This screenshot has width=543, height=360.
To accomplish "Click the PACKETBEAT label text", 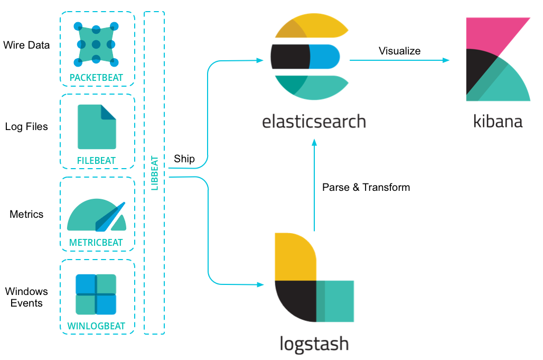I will click(96, 78).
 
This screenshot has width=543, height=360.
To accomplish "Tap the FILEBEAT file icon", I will click(97, 127).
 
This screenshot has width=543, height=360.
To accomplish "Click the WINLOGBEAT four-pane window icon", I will click(96, 294).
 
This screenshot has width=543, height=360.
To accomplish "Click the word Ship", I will click(184, 159).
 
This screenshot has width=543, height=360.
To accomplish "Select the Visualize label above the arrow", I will click(399, 51).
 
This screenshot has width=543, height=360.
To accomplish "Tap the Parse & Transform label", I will click(366, 187).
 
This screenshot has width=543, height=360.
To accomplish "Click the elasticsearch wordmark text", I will click(314, 121).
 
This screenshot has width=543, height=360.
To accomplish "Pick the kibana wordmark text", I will click(498, 121).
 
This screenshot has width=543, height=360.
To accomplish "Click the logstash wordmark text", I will click(314, 343).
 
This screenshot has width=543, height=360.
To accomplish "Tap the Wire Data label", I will click(26, 45).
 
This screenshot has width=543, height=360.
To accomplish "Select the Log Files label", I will click(26, 127).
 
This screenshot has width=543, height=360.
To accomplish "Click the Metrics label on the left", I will click(26, 215).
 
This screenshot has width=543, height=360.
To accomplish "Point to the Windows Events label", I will click(26, 297).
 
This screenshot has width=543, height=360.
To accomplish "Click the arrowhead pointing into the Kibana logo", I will click(446, 60).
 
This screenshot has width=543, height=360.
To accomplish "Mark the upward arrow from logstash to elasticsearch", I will click(314, 185).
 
